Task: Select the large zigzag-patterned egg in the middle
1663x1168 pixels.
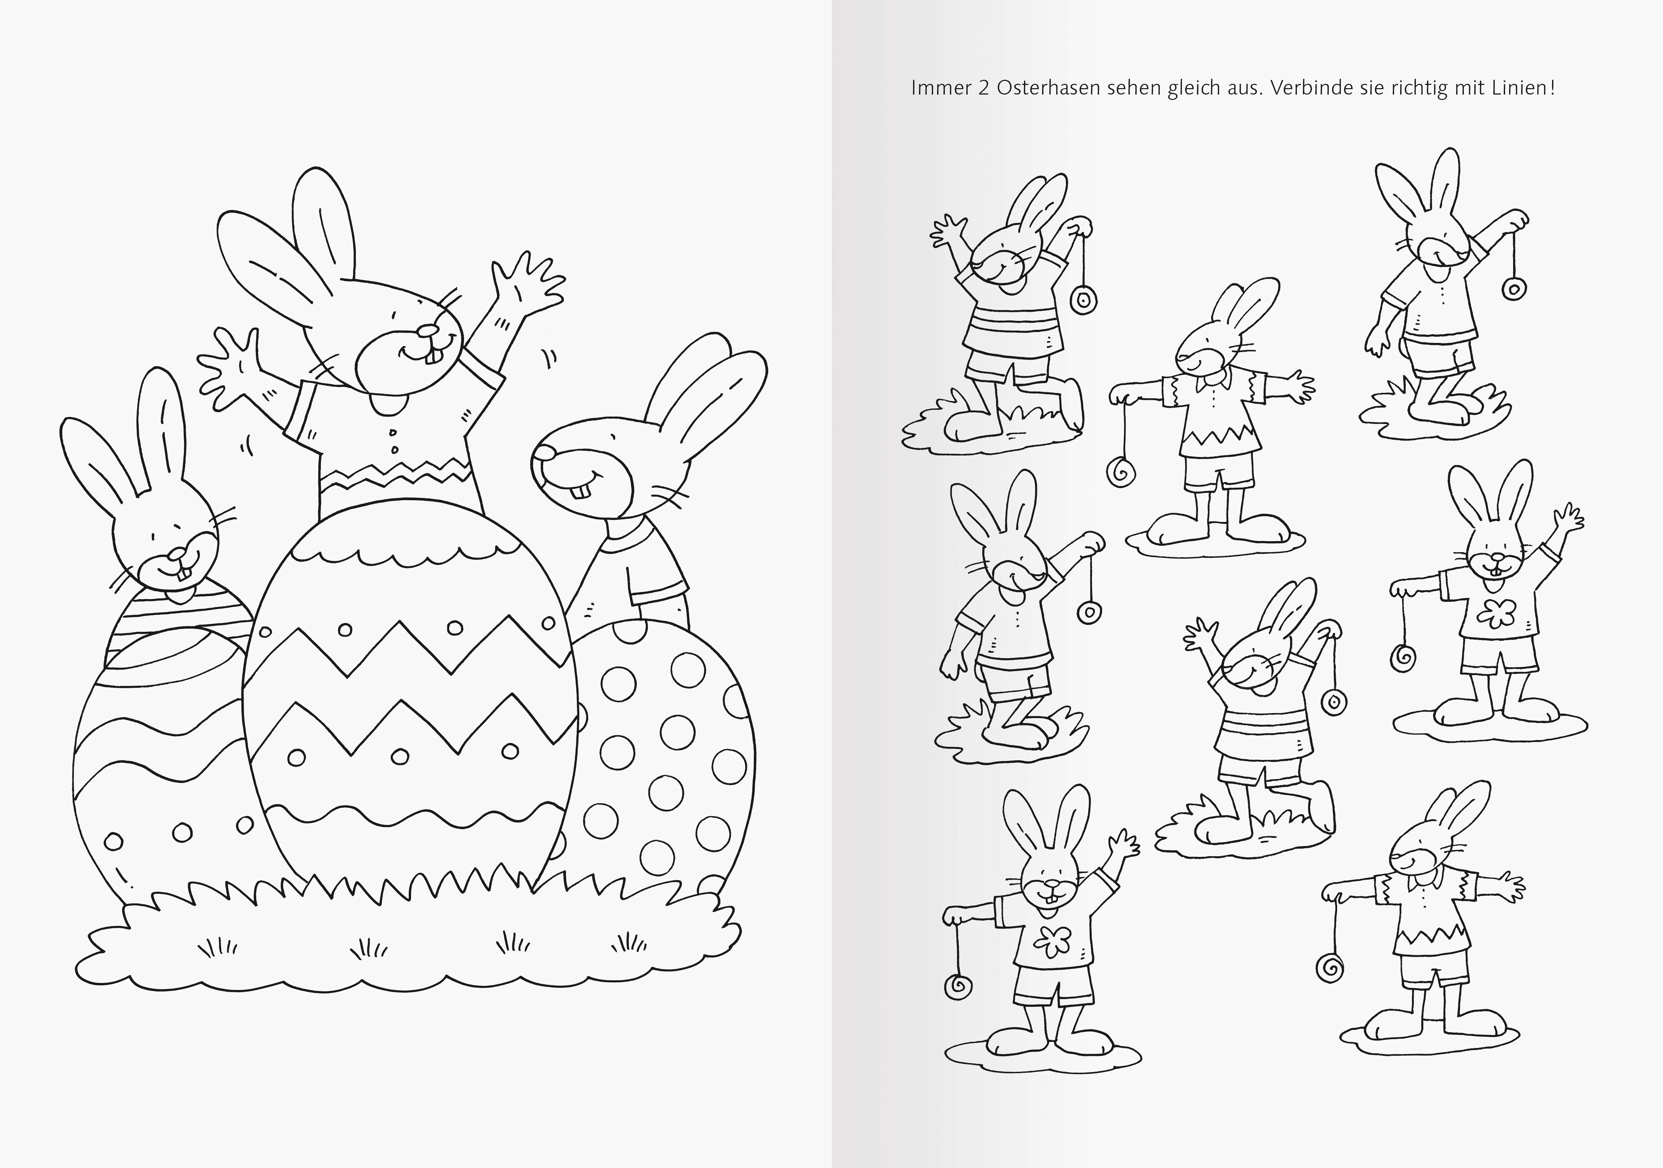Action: pyautogui.click(x=409, y=695)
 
